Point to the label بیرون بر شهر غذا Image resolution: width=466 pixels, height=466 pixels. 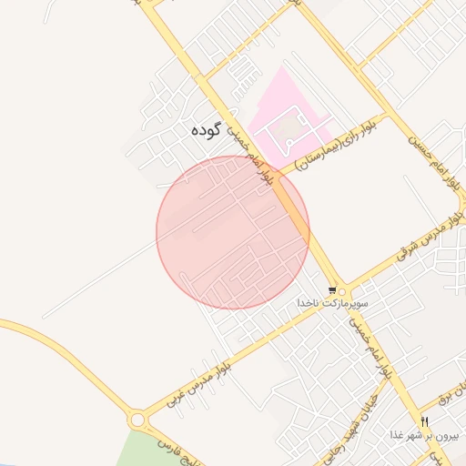tap(420, 436)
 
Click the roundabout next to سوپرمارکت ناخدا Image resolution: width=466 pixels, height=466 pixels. tap(341, 290)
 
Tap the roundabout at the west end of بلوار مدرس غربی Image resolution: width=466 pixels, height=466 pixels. tap(138, 420)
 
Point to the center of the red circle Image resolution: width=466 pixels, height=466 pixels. tap(233, 232)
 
